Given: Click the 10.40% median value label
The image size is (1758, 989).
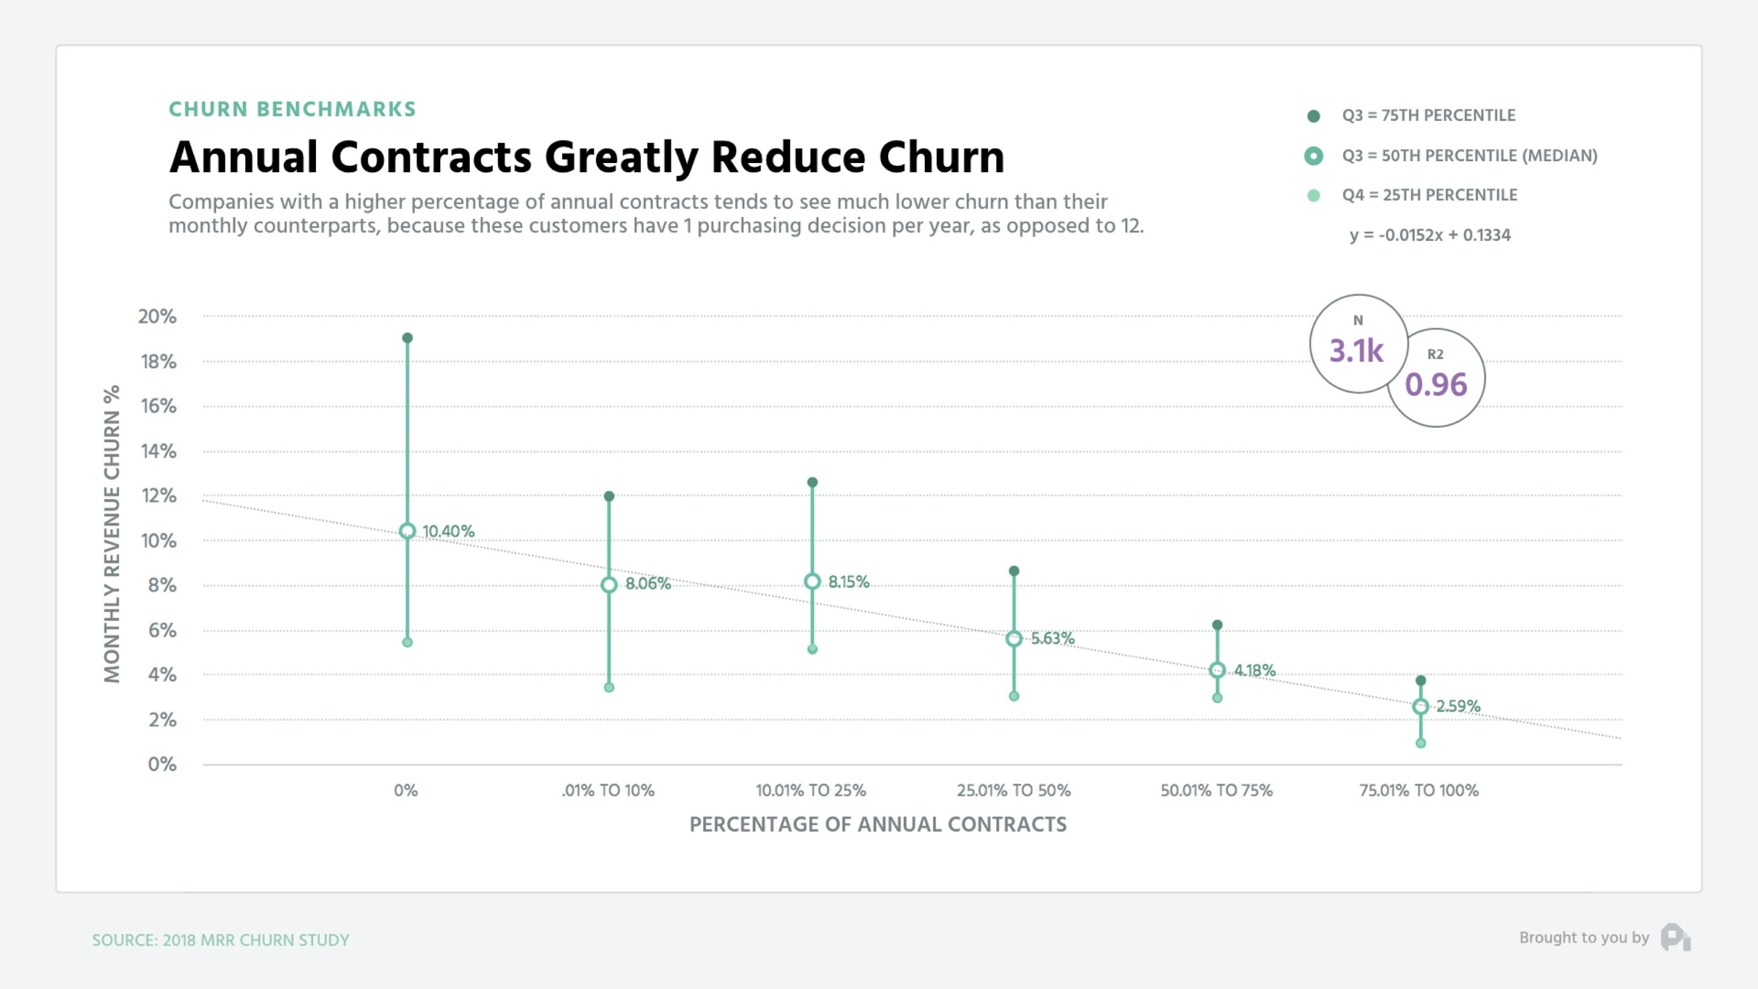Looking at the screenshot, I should tap(448, 531).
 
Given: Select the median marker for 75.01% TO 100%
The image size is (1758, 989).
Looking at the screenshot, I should tap(1420, 706).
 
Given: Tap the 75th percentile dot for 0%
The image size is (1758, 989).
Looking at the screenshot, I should tap(407, 338).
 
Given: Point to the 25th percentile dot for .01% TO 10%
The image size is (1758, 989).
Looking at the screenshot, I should tap(609, 687).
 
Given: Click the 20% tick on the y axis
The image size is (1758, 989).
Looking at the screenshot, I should tap(157, 317).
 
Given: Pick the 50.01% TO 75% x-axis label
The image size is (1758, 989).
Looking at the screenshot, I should tap(1216, 790).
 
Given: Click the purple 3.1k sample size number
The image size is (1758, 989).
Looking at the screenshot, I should tap(1356, 351).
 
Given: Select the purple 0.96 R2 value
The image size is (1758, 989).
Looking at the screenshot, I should tap(1435, 385).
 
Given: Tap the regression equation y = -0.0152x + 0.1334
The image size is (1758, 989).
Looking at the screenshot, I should tap(1430, 235).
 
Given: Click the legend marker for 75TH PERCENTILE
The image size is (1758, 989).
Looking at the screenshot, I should tap(1313, 116).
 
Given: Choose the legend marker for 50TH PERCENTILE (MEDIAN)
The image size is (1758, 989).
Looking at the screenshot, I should tap(1313, 156).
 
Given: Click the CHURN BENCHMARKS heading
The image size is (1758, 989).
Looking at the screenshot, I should tap(292, 109).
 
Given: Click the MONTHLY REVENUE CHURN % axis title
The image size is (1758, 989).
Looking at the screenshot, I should tap(112, 534).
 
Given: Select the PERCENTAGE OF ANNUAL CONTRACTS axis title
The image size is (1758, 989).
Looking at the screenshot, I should tap(878, 825).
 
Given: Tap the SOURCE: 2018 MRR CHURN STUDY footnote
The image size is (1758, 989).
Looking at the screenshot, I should tap(220, 940).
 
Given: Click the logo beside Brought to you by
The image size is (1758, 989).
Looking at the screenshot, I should tap(1676, 937).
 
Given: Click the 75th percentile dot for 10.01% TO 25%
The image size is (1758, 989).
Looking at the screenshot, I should tap(812, 482).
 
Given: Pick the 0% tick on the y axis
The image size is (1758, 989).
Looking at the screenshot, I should tap(162, 765).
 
